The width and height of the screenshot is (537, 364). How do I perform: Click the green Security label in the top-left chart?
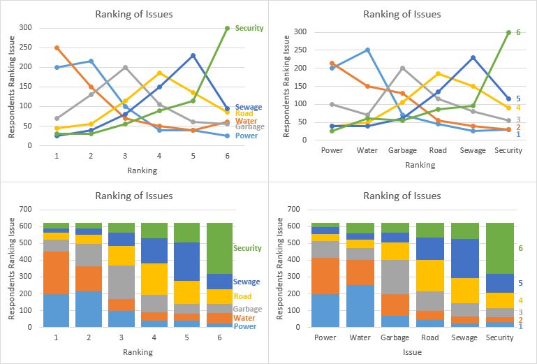[249, 28]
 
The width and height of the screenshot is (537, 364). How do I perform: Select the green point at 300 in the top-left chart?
[227, 28]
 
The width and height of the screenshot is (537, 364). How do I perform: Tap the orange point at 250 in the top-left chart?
[56, 48]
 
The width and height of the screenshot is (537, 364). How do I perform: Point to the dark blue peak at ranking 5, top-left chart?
[193, 55]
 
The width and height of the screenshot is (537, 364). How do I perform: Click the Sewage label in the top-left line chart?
[249, 107]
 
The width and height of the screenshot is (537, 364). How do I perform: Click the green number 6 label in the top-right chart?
[518, 33]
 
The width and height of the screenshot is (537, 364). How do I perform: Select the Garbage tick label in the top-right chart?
[402, 150]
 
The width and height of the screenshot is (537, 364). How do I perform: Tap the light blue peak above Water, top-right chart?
[367, 50]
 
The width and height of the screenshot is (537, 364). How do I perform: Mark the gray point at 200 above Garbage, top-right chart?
[402, 68]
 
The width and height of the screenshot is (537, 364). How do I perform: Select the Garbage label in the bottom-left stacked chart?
[248, 309]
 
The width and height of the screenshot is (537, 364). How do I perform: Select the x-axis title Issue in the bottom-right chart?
[412, 353]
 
